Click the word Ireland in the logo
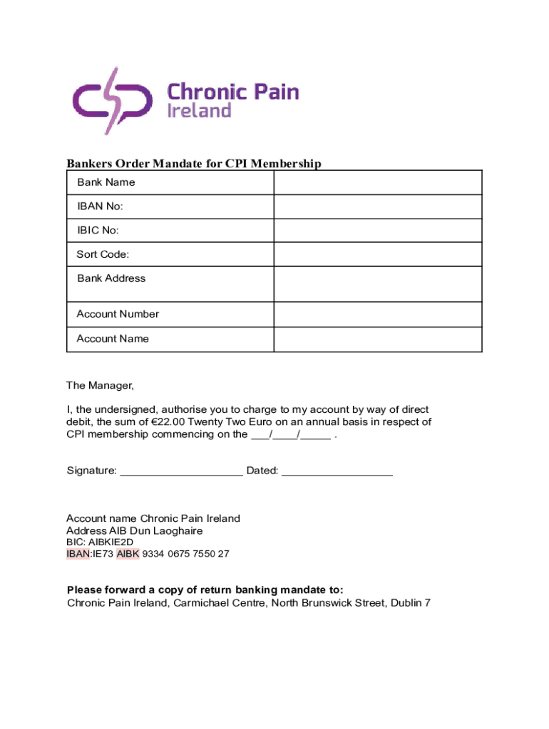tap(199, 110)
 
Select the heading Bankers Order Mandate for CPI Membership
tap(194, 164)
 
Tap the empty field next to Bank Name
tap(378, 182)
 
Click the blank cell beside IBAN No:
tap(378, 206)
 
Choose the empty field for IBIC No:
tap(378, 231)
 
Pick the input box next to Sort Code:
tap(378, 254)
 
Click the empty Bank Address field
tap(378, 284)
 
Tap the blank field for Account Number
tap(378, 314)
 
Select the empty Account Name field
tap(378, 339)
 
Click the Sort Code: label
tap(103, 255)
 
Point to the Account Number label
tap(118, 314)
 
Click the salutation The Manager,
tap(100, 386)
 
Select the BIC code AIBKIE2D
tap(111, 542)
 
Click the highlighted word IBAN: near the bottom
tap(78, 554)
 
